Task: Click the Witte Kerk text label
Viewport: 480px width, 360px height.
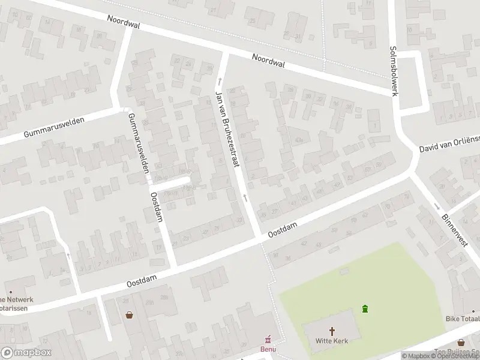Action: pyautogui.click(x=332, y=340)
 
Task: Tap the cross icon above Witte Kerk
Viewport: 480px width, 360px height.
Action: pyautogui.click(x=332, y=330)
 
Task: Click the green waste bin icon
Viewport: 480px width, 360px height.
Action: pyautogui.click(x=365, y=309)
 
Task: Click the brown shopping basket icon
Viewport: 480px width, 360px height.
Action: pyautogui.click(x=129, y=314)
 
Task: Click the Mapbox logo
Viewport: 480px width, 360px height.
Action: pyautogui.click(x=26, y=353)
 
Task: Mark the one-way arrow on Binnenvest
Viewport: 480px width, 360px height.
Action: pyautogui.click(x=436, y=206)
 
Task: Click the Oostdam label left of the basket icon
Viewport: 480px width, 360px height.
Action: pyautogui.click(x=141, y=277)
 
